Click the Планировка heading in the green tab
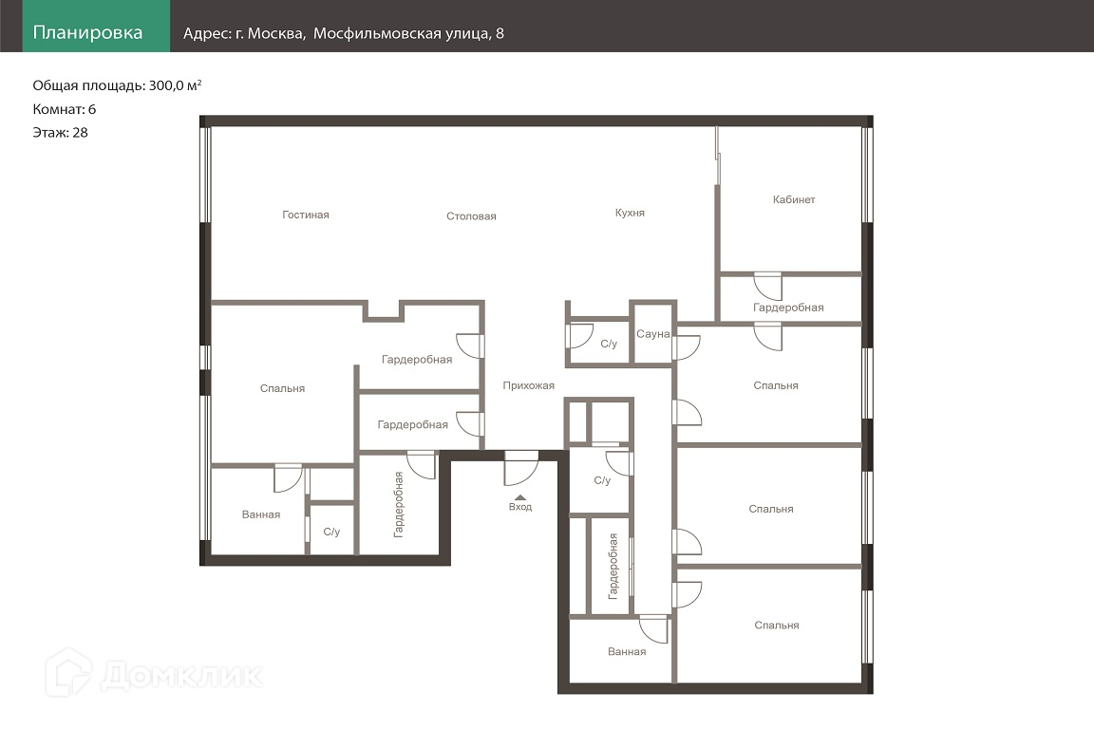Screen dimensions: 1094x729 pyautogui.click(x=87, y=33)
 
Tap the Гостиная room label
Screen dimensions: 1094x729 pyautogui.click(x=306, y=215)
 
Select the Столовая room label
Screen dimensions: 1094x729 pyautogui.click(x=471, y=216)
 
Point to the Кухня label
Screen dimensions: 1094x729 pyautogui.click(x=630, y=213)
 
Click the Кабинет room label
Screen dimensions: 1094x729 pyautogui.click(x=794, y=199)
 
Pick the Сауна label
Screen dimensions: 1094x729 pyautogui.click(x=653, y=334)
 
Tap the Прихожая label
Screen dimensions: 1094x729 pyautogui.click(x=529, y=385)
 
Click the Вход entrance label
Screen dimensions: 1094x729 pyautogui.click(x=519, y=507)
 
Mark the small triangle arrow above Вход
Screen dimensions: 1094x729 pyautogui.click(x=519, y=497)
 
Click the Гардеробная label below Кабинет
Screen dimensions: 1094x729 pyautogui.click(x=788, y=308)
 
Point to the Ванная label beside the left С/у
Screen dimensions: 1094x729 pyautogui.click(x=261, y=514)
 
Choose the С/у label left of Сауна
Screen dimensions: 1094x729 pyautogui.click(x=609, y=344)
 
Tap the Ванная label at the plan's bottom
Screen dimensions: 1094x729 pyautogui.click(x=627, y=651)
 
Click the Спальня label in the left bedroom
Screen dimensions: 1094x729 pyautogui.click(x=283, y=388)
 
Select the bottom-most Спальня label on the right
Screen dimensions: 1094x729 pyautogui.click(x=777, y=625)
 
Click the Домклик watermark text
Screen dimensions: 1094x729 pyautogui.click(x=181, y=675)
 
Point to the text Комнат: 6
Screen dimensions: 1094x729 pyautogui.click(x=65, y=109)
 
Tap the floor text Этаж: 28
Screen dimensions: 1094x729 pyautogui.click(x=60, y=133)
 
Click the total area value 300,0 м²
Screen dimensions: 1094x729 pyautogui.click(x=175, y=85)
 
